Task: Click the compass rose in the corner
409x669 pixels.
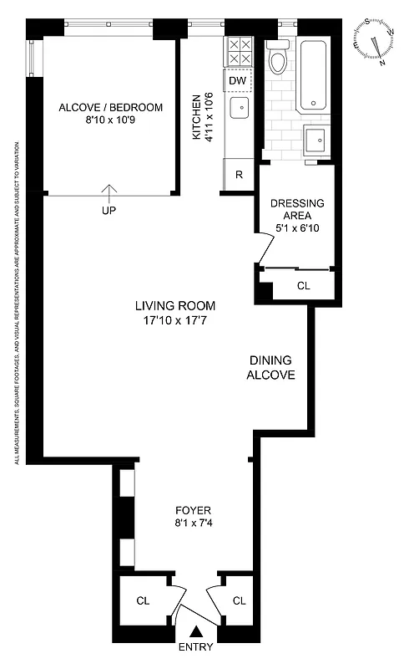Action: coord(380,43)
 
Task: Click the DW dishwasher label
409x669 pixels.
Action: coord(238,80)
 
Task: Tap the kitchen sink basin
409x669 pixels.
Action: coord(239,108)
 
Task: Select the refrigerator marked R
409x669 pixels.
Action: coord(239,176)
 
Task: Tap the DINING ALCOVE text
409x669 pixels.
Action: coord(271,368)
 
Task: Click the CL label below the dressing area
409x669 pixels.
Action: coord(303,286)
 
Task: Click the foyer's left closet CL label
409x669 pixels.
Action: coord(143,600)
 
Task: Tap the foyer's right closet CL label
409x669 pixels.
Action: coord(240,600)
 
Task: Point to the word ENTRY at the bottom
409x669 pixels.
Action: coord(195,646)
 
